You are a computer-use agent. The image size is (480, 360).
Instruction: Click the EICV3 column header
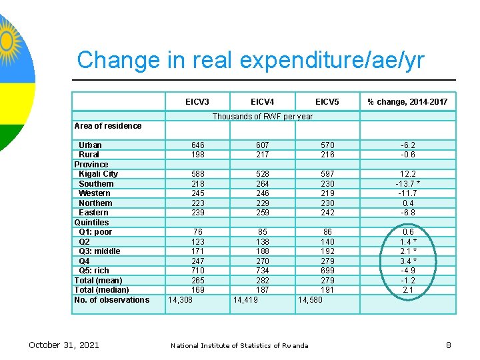(197, 101)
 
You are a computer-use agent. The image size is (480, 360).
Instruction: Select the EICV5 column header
(327, 101)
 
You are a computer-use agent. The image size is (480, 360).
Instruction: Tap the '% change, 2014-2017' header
(408, 101)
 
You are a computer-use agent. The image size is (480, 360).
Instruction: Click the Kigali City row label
(98, 174)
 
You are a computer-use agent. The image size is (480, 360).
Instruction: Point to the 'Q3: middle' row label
(100, 251)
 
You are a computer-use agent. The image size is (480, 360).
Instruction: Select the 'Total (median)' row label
(101, 290)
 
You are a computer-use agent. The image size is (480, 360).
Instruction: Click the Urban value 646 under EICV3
(197, 145)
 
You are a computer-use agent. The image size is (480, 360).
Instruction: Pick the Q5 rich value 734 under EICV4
(263, 271)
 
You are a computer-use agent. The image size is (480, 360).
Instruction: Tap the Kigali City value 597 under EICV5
(327, 174)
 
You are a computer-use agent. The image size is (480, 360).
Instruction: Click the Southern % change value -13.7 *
(408, 183)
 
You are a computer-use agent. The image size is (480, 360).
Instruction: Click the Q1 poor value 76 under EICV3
(197, 232)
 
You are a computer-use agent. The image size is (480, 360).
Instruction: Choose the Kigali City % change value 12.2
(408, 174)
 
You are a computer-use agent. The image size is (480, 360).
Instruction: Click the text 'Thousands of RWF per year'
(263, 117)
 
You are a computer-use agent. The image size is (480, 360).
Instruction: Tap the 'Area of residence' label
(108, 125)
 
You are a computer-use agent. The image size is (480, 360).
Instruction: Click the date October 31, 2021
(64, 345)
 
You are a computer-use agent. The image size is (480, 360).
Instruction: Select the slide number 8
(449, 345)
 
